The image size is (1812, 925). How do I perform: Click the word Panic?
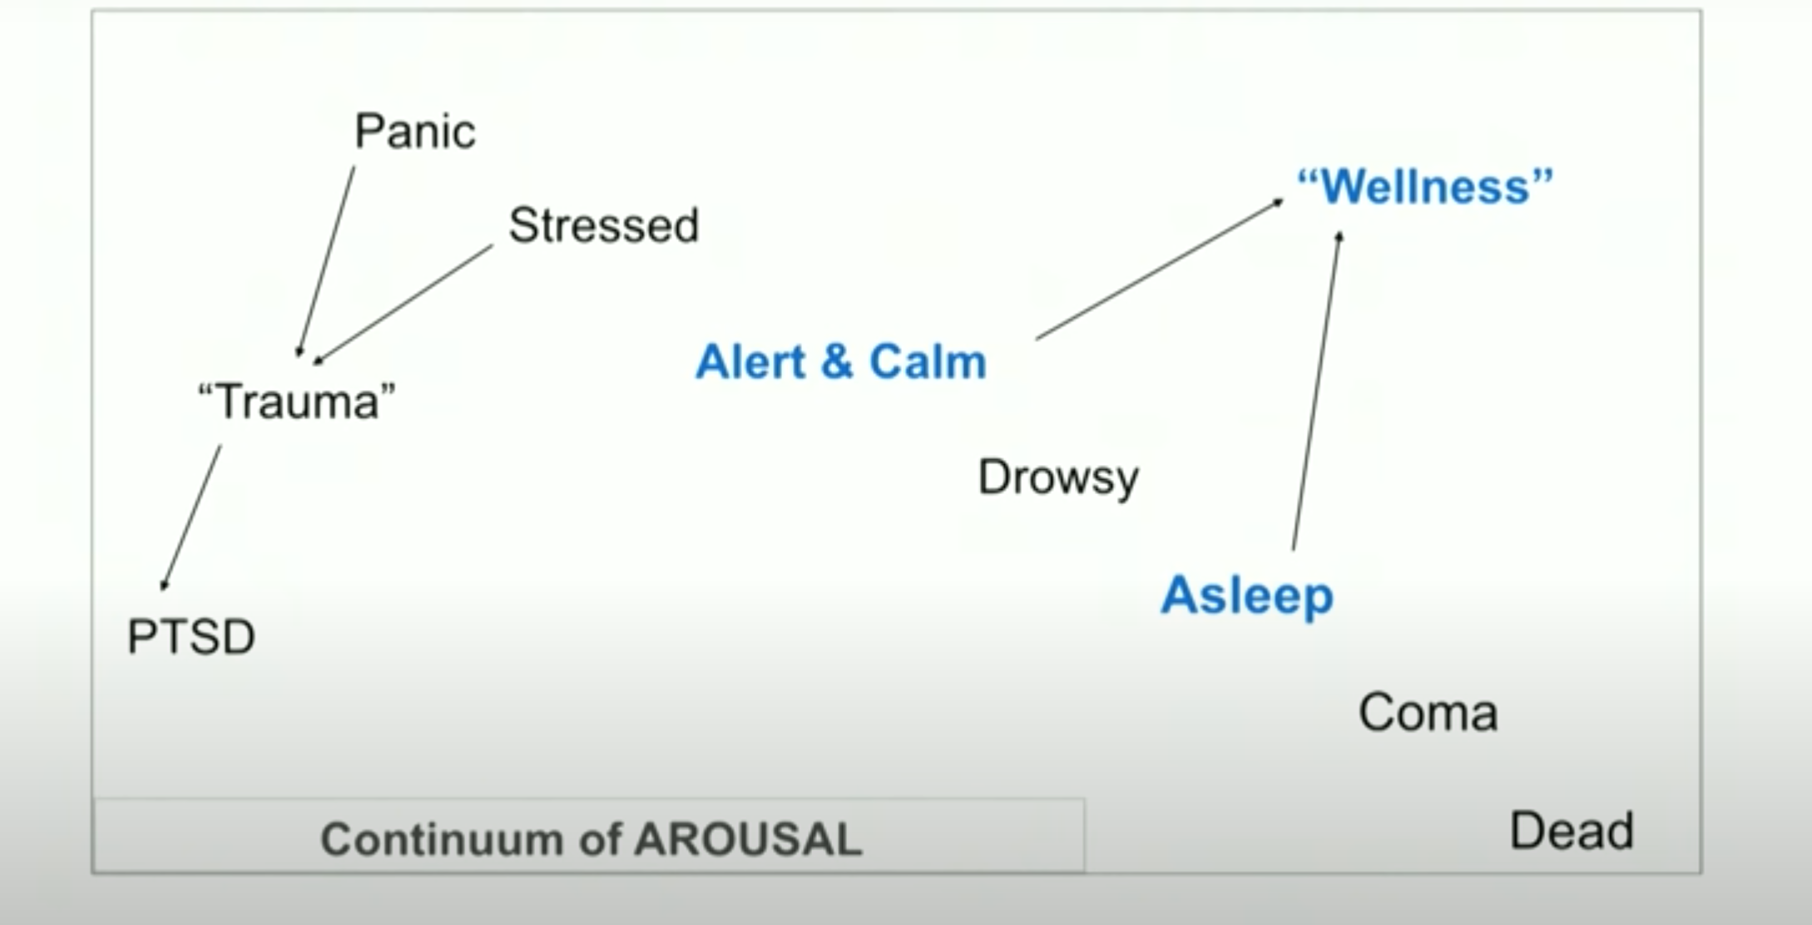click(414, 131)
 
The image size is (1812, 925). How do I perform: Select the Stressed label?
click(603, 225)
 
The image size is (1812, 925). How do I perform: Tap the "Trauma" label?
click(297, 402)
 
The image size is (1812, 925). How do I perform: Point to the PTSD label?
click(191, 637)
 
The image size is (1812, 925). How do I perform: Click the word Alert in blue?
click(750, 362)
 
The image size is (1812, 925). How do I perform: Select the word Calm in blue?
click(928, 362)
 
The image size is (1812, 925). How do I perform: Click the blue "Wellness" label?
click(1424, 185)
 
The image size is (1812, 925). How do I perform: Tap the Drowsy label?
click(1057, 477)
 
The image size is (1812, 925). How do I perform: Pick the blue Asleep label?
click(1246, 596)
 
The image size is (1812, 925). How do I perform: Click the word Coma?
click(1428, 713)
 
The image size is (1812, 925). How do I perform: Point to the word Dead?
click(1571, 831)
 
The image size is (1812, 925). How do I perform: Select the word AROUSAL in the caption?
click(747, 838)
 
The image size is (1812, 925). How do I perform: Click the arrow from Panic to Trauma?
click(326, 261)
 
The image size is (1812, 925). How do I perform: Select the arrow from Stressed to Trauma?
click(403, 304)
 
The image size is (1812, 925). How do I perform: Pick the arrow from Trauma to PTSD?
click(192, 517)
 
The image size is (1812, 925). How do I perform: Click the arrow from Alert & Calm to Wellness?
click(1160, 269)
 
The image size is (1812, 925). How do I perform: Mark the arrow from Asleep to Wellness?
click(1316, 391)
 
